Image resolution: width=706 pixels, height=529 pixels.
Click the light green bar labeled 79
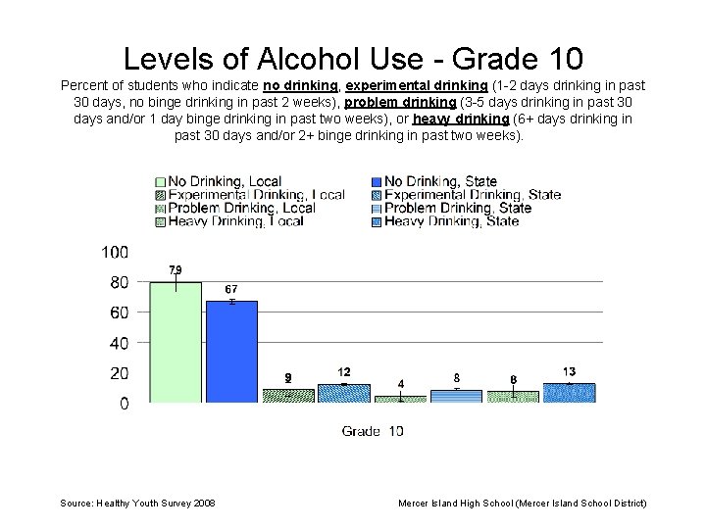[176, 342]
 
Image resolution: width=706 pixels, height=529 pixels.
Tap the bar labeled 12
[344, 394]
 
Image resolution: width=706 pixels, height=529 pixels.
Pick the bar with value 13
[569, 393]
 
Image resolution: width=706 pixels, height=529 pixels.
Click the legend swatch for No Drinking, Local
[160, 181]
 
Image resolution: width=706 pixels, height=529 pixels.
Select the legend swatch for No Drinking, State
[377, 181]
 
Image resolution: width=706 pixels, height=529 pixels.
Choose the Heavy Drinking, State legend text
[451, 221]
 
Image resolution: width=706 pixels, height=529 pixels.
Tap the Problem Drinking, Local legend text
[241, 208]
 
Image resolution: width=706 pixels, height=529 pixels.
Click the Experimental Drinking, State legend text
[473, 195]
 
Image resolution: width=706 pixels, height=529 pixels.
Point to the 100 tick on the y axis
[115, 253]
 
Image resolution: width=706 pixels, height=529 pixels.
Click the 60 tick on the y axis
[119, 313]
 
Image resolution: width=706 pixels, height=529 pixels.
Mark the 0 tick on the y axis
[124, 404]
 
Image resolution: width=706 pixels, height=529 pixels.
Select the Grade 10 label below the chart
[373, 431]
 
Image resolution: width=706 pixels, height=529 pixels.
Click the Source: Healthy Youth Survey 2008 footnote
[138, 503]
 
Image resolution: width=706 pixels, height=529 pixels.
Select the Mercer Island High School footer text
[522, 503]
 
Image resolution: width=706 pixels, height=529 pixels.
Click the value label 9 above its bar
[287, 377]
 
